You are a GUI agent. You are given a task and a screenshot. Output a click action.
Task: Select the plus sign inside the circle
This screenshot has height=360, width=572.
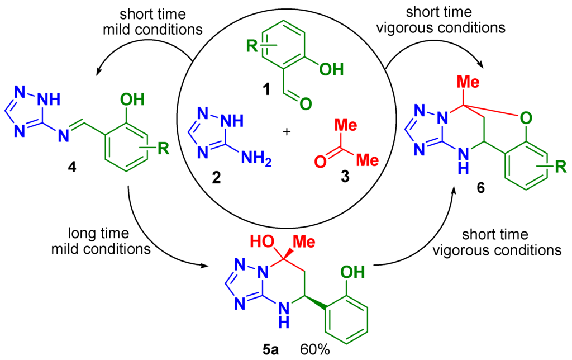288,132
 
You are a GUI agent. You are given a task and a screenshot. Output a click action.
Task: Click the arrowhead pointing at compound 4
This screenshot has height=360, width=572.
99,71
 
